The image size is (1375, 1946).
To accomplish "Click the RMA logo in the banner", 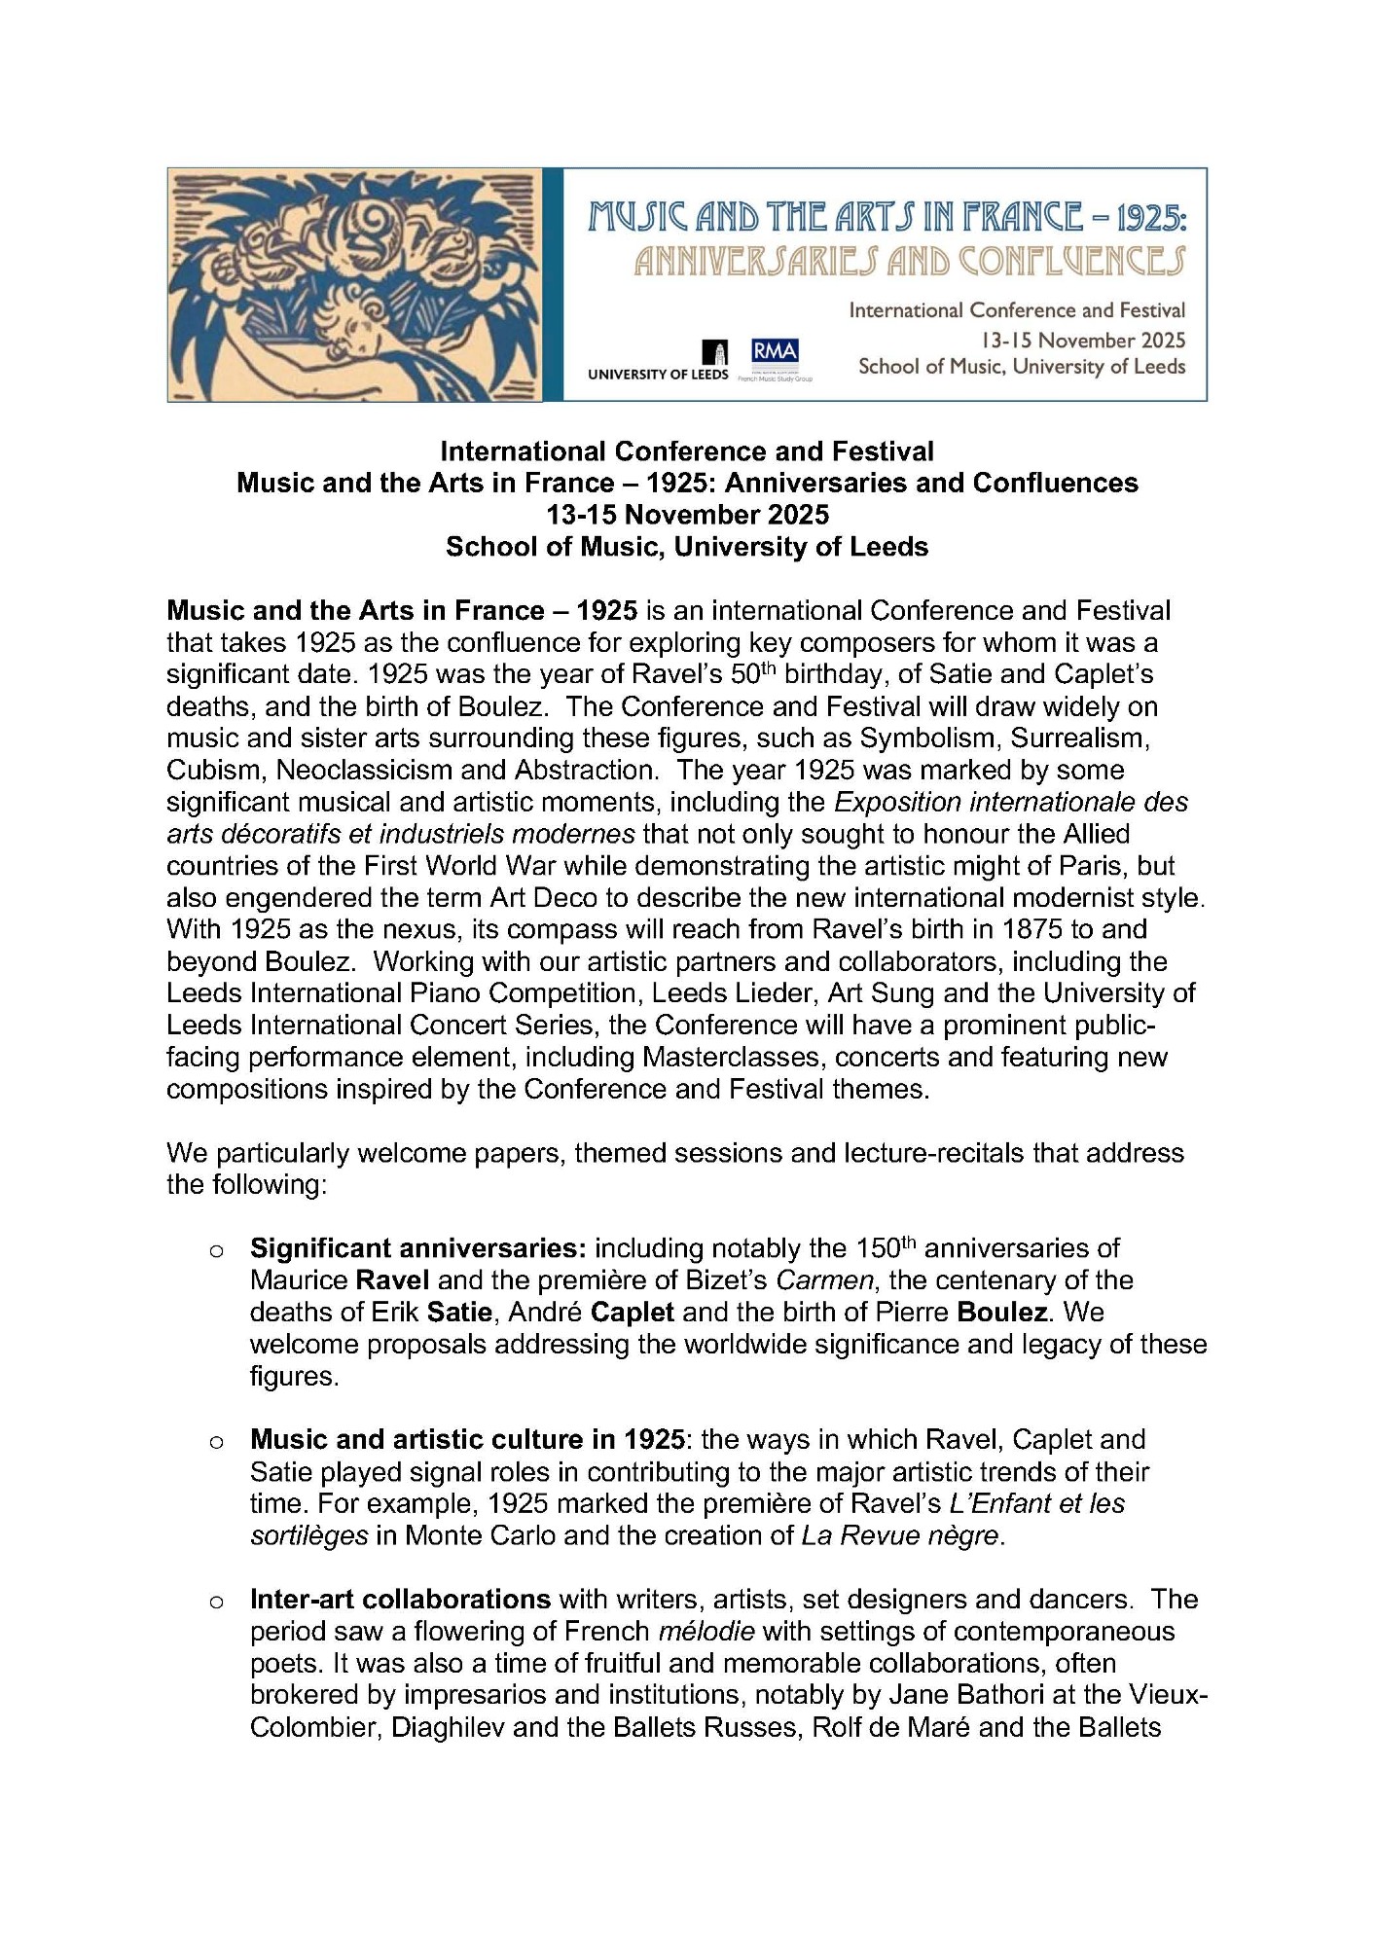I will pyautogui.click(x=775, y=351).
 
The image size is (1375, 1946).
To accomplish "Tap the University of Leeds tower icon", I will pyautogui.click(x=720, y=353).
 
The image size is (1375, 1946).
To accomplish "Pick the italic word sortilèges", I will pyautogui.click(x=309, y=1535).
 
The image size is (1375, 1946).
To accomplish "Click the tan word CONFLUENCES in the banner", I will pyautogui.click(x=1071, y=262).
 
